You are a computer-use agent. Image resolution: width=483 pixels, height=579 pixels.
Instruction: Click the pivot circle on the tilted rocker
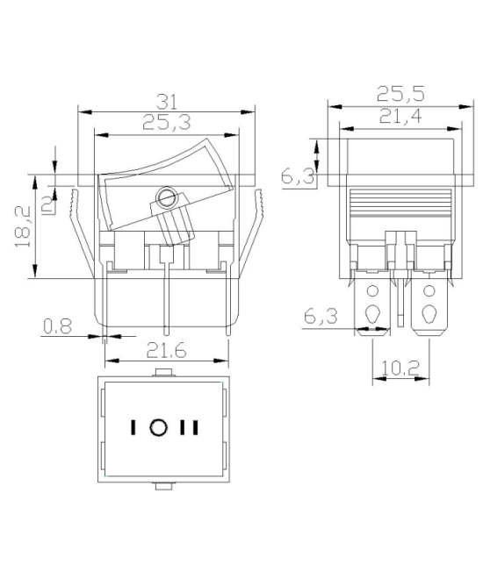pyautogui.click(x=165, y=196)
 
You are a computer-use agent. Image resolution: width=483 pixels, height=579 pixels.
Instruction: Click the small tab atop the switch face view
pyautogui.click(x=164, y=375)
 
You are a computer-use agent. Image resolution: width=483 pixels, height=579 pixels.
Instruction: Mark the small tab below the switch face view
pyautogui.click(x=164, y=484)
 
